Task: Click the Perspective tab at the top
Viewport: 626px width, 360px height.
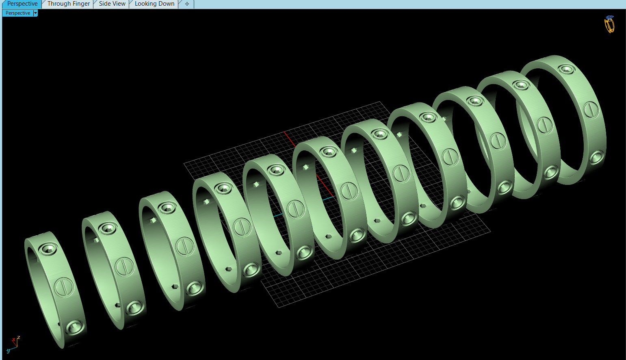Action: [22, 4]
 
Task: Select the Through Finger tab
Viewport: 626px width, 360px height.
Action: [68, 4]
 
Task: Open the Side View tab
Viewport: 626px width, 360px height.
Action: [112, 4]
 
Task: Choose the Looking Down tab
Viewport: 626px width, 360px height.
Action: [154, 4]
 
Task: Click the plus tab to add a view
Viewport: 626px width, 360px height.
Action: [187, 4]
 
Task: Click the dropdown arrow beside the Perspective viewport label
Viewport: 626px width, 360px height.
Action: [35, 13]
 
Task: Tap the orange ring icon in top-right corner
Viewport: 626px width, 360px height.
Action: [609, 24]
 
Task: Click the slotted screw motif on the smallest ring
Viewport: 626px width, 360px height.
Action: [63, 287]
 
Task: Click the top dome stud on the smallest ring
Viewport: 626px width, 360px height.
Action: [48, 249]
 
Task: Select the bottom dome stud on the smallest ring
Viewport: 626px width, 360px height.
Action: [74, 327]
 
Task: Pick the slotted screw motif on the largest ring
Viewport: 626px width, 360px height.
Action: [591, 110]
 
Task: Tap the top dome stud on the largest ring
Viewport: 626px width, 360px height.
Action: [566, 69]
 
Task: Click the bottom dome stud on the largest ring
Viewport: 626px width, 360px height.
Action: [596, 157]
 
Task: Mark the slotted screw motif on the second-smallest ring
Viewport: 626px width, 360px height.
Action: [124, 267]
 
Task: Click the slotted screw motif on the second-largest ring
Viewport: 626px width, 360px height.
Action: [544, 125]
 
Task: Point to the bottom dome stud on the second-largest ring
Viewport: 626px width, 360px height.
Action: [550, 172]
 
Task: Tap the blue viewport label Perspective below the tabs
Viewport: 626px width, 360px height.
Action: [18, 13]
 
